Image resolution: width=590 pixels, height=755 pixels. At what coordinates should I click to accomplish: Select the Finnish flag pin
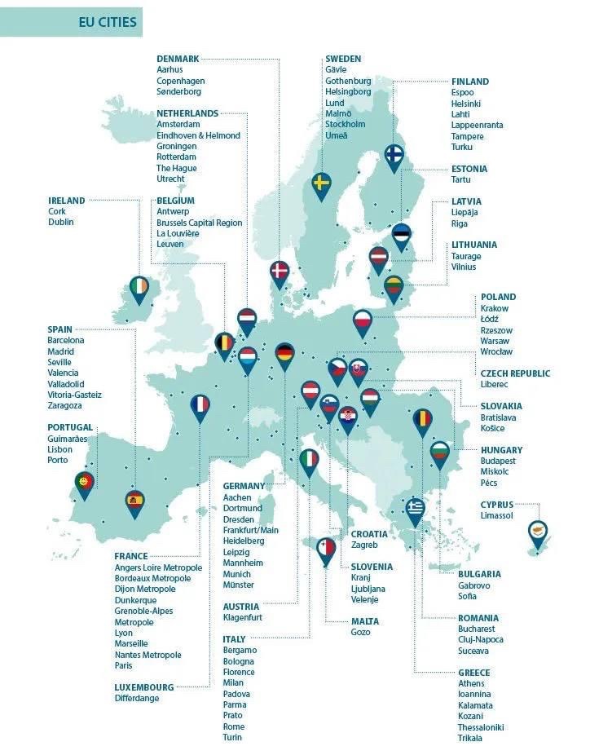pos(394,155)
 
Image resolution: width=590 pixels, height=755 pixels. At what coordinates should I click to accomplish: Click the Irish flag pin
pos(139,288)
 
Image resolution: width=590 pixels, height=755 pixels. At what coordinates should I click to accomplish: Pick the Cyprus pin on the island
pos(538,532)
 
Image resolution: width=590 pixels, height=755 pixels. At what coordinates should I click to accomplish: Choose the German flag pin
pos(284,353)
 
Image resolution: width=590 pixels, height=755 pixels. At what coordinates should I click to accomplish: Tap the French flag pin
pos(200,405)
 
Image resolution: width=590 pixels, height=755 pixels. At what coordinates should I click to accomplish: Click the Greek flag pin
pos(415,509)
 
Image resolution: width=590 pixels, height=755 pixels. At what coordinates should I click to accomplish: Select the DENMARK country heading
pos(178,59)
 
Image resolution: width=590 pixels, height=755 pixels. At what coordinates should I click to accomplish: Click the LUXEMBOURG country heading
pos(144,687)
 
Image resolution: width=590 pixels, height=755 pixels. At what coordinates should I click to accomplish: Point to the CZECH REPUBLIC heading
pos(515,373)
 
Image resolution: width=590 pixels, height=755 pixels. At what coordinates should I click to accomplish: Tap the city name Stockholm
pos(345,125)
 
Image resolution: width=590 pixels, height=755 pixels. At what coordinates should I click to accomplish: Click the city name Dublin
pos(61,222)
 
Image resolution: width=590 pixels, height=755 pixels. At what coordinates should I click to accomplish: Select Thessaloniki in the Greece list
pos(481,727)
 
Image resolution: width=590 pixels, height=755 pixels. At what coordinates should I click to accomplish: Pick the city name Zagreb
pos(364,545)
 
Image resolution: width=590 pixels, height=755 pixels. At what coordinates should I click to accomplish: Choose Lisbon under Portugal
pos(60,449)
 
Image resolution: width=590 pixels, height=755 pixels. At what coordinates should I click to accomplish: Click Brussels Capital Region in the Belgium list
pos(200,223)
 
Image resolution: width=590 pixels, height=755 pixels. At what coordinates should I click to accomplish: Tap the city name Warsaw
pos(495,341)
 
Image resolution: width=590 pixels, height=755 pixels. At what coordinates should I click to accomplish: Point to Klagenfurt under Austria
pos(243,618)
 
